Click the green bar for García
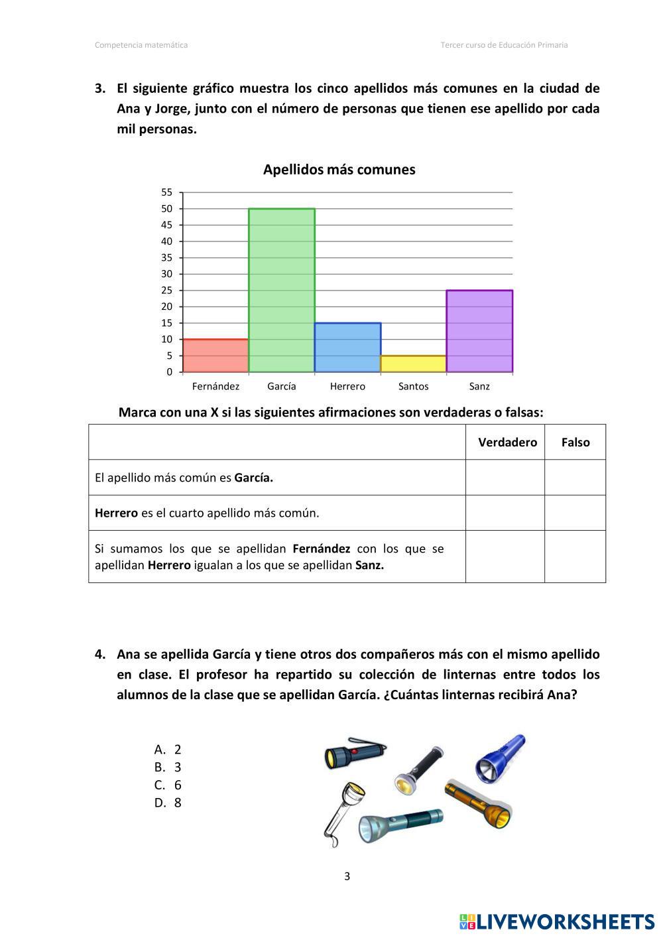tap(282, 291)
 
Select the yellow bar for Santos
tap(413, 364)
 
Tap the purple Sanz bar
tap(479, 331)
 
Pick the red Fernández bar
tap(215, 356)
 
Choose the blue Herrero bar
tap(347, 348)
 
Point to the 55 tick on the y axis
tap(166, 192)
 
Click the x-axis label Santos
tap(413, 386)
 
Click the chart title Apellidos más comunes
tap(339, 170)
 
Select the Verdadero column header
tap(507, 442)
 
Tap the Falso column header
tap(575, 442)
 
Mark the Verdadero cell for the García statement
tap(505, 478)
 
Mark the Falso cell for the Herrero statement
tap(575, 513)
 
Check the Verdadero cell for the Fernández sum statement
tap(505, 557)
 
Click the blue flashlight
tap(501, 758)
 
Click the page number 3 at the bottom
tap(347, 876)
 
